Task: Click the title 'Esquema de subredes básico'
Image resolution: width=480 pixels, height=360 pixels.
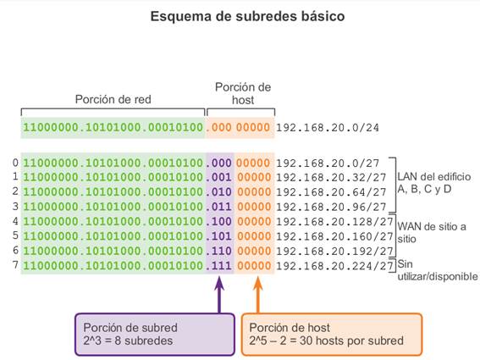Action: tap(247, 16)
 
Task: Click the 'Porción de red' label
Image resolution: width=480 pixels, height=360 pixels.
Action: tap(113, 99)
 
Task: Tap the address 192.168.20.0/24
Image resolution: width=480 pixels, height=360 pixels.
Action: tap(328, 128)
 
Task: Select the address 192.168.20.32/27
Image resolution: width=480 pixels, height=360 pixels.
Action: tap(331, 177)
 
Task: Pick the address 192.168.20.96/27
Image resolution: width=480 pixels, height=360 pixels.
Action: tap(331, 208)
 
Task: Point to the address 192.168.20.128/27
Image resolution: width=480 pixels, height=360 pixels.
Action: tap(334, 222)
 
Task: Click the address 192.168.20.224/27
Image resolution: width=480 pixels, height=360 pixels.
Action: tap(334, 266)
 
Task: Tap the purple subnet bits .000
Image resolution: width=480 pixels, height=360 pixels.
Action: tap(218, 163)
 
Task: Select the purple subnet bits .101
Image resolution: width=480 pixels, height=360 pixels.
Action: tap(218, 236)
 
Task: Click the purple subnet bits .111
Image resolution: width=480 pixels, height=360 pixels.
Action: tap(218, 266)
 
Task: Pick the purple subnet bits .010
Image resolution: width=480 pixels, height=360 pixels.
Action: tap(218, 192)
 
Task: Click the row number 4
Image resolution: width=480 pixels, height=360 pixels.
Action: tap(15, 221)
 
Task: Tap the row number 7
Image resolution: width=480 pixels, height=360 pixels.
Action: tap(15, 265)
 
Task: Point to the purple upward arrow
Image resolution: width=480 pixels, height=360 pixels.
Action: tap(219, 295)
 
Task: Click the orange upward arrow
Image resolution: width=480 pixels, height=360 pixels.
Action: tap(258, 295)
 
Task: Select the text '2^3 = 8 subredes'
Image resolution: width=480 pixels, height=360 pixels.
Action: tap(128, 341)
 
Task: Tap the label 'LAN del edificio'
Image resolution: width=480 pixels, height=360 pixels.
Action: tap(433, 177)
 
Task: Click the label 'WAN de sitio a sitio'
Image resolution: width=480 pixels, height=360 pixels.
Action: tap(432, 233)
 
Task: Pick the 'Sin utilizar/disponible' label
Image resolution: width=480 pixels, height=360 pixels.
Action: tap(438, 270)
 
